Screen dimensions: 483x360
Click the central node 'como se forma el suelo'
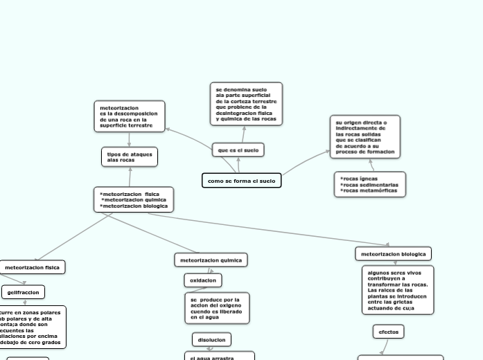click(x=241, y=181)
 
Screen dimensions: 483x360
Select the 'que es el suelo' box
click(x=238, y=150)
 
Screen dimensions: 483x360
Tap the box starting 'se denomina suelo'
click(x=246, y=104)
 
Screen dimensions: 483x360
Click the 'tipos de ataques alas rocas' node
click(x=129, y=157)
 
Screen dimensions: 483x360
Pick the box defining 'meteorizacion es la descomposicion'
click(x=129, y=116)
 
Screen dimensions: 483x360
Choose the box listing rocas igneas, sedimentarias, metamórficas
click(x=369, y=184)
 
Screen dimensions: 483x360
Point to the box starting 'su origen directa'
click(x=365, y=137)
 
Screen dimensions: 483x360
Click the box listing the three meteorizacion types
click(x=133, y=200)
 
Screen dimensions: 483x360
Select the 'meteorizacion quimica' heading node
click(x=211, y=260)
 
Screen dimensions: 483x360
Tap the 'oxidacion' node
click(x=202, y=280)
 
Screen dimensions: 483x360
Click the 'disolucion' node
click(x=211, y=340)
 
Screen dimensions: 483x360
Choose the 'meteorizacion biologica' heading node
click(x=393, y=254)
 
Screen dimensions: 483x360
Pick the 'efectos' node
click(x=389, y=332)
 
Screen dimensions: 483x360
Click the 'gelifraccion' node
click(x=23, y=292)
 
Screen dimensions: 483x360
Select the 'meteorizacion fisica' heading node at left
click(x=32, y=267)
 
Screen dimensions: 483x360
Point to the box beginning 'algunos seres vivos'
click(x=398, y=290)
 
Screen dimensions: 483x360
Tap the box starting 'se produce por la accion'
click(x=217, y=308)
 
